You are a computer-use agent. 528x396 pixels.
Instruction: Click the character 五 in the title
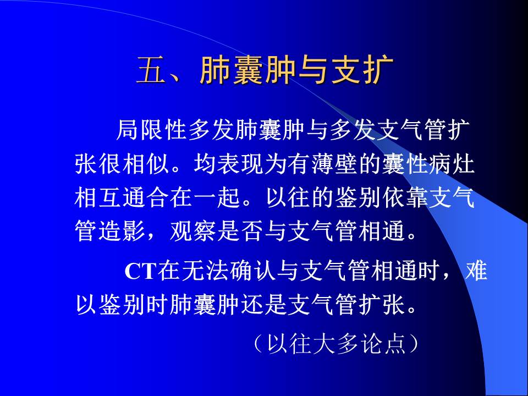pyautogui.click(x=151, y=71)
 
